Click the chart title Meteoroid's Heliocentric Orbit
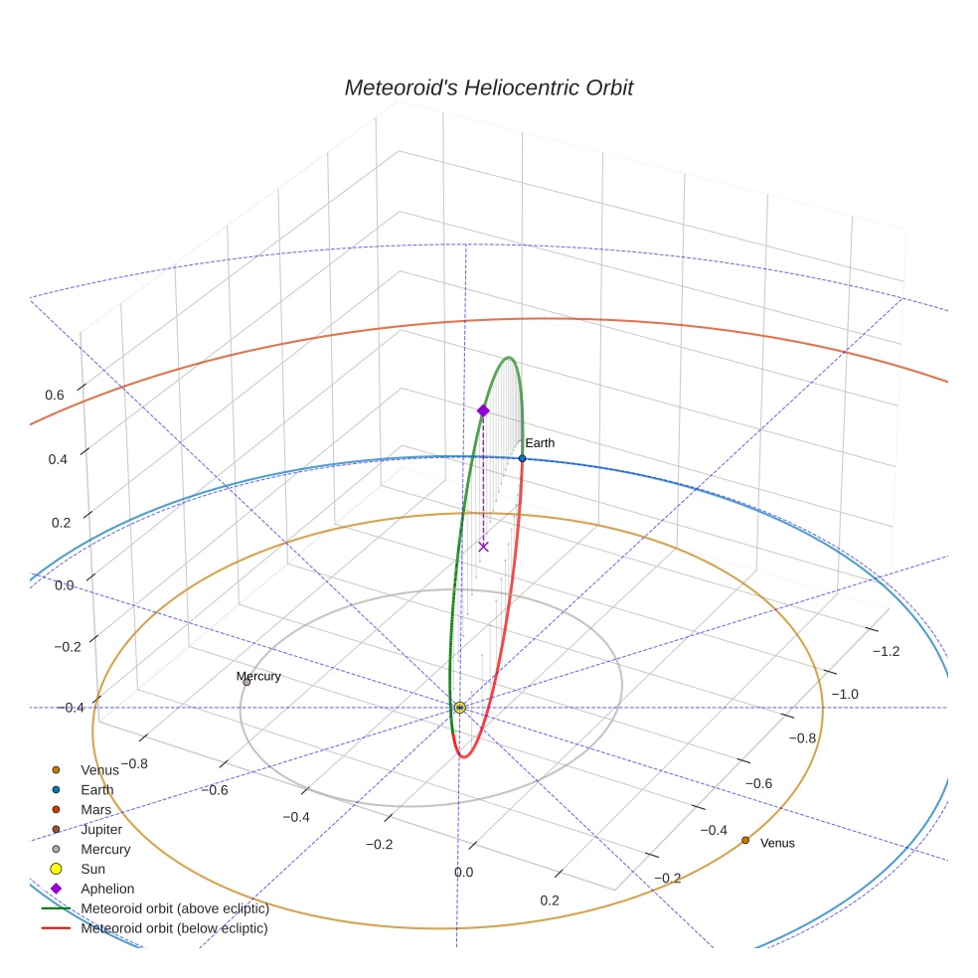coord(488,87)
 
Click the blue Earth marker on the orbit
coord(522,458)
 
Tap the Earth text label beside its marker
coord(540,443)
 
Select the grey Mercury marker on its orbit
coord(246,682)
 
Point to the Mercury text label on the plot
coord(258,677)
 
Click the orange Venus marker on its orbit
coord(745,840)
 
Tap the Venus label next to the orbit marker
coord(777,843)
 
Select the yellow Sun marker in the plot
coord(459,708)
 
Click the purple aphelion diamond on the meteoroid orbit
coord(483,410)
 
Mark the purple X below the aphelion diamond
coord(483,547)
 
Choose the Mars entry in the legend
coord(96,810)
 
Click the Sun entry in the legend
coord(92,869)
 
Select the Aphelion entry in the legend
coord(106,889)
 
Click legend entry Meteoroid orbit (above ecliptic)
coord(174,908)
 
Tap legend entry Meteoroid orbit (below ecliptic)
coord(174,928)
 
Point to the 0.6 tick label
coord(55,395)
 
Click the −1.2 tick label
coord(886,651)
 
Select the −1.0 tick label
coord(845,694)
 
